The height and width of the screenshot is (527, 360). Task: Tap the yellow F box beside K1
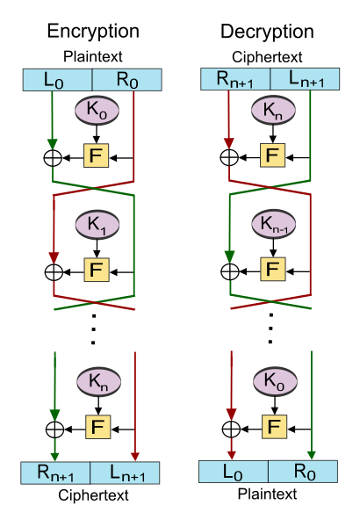pos(97,269)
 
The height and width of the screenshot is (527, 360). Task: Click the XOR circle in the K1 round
pos(54,271)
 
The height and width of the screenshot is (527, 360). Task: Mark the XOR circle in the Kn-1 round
pos(229,271)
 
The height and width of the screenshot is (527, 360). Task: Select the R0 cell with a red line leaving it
pos(126,80)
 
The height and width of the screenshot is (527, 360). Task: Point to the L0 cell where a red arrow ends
pos(234,472)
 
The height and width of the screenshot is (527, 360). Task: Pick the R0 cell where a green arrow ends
pos(303,472)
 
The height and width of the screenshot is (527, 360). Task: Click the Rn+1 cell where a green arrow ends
pos(55,473)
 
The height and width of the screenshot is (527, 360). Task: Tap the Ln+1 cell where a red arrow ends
pos(126,473)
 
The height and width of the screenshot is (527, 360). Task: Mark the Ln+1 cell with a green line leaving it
pos(304,79)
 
